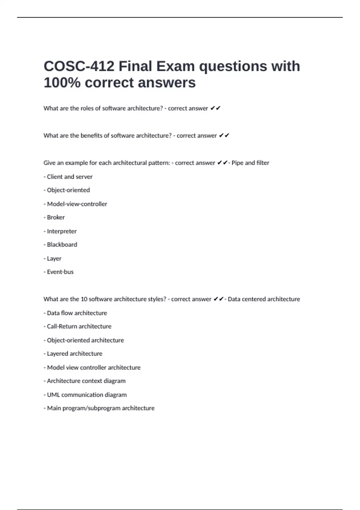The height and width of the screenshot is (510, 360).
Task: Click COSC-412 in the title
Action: pyautogui.click(x=79, y=66)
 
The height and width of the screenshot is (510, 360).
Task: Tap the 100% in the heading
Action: pyautogui.click(x=62, y=82)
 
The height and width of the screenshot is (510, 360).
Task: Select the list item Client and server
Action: pyautogui.click(x=69, y=177)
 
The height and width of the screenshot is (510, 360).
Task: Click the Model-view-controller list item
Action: pyautogui.click(x=77, y=204)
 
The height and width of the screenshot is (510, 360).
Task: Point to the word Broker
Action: pyautogui.click(x=56, y=217)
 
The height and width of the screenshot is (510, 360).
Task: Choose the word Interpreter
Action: pyautogui.click(x=62, y=231)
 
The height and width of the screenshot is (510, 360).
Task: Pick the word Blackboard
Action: pyautogui.click(x=62, y=244)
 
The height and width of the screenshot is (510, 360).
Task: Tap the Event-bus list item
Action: pyautogui.click(x=60, y=272)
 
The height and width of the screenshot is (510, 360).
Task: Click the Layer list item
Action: pyautogui.click(x=54, y=258)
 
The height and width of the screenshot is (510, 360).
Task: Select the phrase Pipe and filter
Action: pyautogui.click(x=250, y=163)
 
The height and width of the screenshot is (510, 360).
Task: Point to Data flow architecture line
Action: pyautogui.click(x=77, y=313)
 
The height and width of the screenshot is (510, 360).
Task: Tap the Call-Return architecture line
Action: pyautogui.click(x=79, y=326)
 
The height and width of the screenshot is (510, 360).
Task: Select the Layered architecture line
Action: pyautogui.click(x=74, y=354)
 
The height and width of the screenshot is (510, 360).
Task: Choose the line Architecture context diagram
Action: pyautogui.click(x=86, y=381)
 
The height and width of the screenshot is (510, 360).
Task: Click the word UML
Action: pyautogui.click(x=53, y=395)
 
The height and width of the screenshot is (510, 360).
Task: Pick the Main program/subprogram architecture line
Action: pyautogui.click(x=100, y=408)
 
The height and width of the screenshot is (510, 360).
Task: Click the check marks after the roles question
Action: pyautogui.click(x=215, y=108)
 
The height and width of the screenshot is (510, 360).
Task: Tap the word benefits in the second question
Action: pyautogui.click(x=91, y=136)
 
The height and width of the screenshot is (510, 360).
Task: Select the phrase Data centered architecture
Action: pyautogui.click(x=264, y=299)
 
